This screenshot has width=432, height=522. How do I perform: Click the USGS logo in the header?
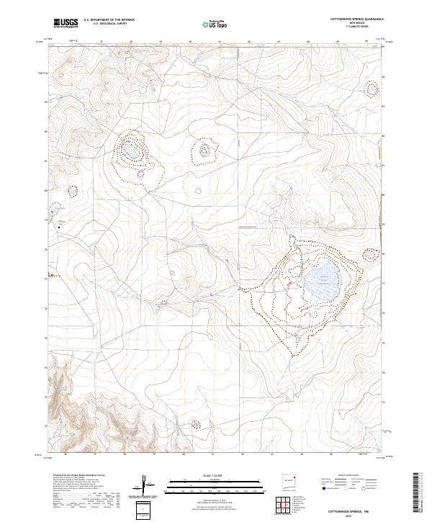(x=66, y=23)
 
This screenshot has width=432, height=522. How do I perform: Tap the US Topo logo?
(x=209, y=23)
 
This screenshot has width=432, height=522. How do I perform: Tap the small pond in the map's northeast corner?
(x=372, y=90)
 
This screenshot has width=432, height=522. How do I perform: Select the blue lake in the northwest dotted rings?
(x=132, y=153)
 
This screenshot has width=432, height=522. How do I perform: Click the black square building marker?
(x=59, y=225)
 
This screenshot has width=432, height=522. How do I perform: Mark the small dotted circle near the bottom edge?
(x=194, y=426)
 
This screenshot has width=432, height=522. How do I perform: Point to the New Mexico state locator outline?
(x=290, y=480)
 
